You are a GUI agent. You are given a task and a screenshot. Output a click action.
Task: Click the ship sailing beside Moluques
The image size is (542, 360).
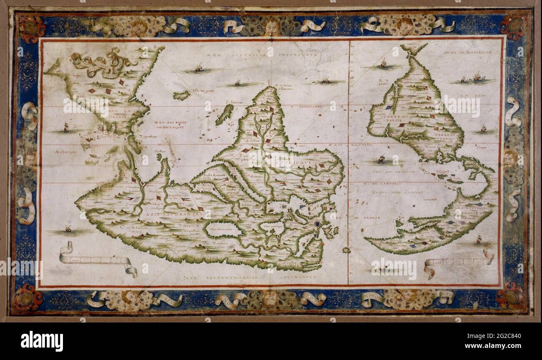(65, 127)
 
